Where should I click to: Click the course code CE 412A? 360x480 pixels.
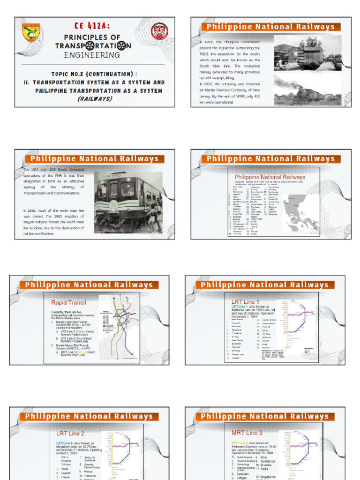[92, 26]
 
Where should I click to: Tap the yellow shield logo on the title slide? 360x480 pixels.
[31, 33]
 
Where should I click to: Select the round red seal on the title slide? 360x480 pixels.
[160, 31]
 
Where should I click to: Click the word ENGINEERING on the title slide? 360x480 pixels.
[92, 55]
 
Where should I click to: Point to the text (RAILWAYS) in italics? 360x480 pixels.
[94, 99]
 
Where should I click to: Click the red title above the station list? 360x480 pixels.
[270, 177]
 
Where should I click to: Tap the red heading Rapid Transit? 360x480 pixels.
[69, 302]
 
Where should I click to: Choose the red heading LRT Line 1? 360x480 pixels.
[245, 302]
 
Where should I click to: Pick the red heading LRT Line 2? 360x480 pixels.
[70, 434]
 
